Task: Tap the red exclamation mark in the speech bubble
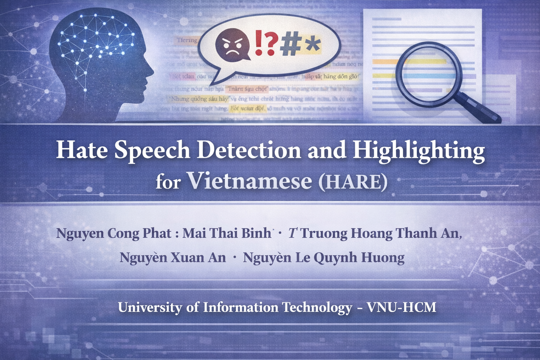tap(258, 43)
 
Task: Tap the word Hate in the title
tap(82, 150)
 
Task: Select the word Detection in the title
tap(249, 150)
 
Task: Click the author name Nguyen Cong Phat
tap(114, 233)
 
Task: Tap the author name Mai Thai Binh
tap(227, 233)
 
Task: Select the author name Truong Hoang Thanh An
tap(380, 233)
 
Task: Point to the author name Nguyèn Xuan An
tap(172, 258)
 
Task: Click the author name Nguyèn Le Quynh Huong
tap(323, 258)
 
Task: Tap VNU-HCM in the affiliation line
tap(401, 307)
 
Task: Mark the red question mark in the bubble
tap(270, 43)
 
